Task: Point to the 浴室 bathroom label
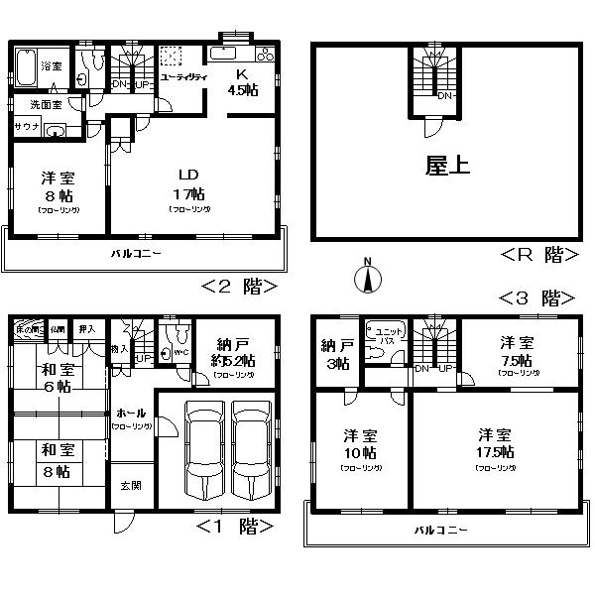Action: click(x=52, y=66)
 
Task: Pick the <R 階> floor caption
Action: click(x=540, y=255)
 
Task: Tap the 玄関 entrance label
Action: click(x=131, y=485)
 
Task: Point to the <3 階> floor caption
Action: click(x=540, y=297)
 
